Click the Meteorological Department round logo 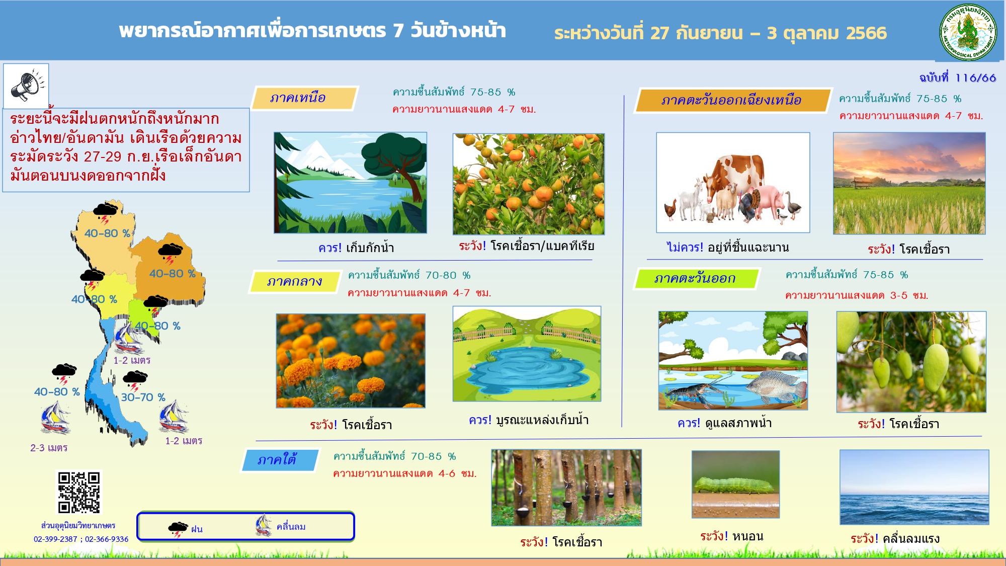968,33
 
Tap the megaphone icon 26,86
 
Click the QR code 79,492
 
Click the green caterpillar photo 735,484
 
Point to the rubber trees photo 566,488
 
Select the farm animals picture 733,183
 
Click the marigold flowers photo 351,361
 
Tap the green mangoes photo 911,362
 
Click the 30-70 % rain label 143,397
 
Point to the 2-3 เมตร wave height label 49,448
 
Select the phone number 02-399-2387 55,539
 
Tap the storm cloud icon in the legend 178,529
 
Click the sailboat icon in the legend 263,525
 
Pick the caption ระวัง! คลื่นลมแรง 895,539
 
